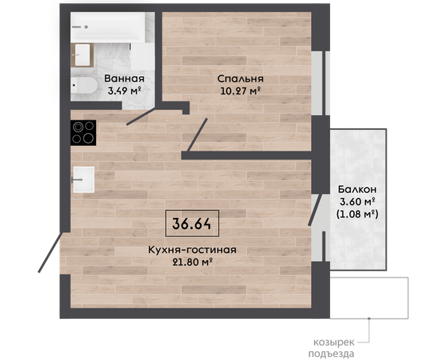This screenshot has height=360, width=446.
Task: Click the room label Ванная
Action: pos(125,79)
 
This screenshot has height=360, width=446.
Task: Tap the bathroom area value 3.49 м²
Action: pos(125,91)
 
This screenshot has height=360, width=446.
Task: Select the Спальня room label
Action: pos(240,79)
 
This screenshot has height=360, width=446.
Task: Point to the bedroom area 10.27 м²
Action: pos(240,91)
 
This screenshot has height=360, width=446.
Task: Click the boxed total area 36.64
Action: pos(192,224)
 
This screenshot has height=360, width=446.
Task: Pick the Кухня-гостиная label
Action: pos(192,250)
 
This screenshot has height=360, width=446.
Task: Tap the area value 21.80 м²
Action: pos(193,262)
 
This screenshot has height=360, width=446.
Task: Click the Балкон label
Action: pos(357,189)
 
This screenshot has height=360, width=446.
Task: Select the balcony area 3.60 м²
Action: pos(357,201)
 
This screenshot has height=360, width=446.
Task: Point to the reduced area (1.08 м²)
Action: pos(357,214)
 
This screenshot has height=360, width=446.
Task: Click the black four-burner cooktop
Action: pos(83,132)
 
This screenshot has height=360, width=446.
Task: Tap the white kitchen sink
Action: pos(83,179)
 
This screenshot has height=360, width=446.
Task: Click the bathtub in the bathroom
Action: pos(109,28)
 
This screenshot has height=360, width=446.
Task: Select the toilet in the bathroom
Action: pos(84,85)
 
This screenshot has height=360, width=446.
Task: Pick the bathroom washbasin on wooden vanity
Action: pos(83,56)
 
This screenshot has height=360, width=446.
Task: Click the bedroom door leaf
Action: pos(197,135)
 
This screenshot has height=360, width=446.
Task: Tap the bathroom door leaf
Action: pos(140,117)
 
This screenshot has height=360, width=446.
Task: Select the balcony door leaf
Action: pos(316,209)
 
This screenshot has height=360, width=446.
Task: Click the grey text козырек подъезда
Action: pos(334,348)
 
